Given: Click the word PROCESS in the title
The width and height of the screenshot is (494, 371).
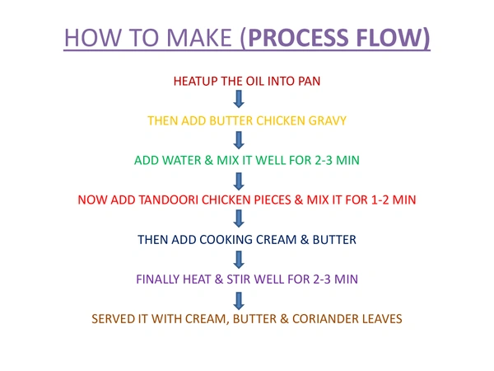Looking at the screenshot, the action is [298, 38].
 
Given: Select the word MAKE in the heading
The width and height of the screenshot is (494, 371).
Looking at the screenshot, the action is [198, 38].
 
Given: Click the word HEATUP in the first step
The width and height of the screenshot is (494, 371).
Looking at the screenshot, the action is [195, 81].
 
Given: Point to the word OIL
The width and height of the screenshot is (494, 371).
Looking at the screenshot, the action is [255, 81].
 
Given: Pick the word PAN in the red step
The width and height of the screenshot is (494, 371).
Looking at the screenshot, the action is [309, 81].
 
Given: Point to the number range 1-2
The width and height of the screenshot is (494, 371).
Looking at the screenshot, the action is [380, 200].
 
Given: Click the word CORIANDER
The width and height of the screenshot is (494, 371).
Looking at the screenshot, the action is [325, 319].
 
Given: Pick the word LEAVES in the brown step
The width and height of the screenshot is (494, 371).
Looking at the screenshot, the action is [382, 319].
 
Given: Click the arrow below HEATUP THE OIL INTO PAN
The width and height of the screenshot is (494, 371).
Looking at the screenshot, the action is [239, 99].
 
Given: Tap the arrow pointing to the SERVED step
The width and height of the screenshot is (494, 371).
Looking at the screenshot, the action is [239, 301].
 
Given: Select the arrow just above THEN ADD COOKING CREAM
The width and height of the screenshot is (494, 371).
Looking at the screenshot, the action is [239, 218].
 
